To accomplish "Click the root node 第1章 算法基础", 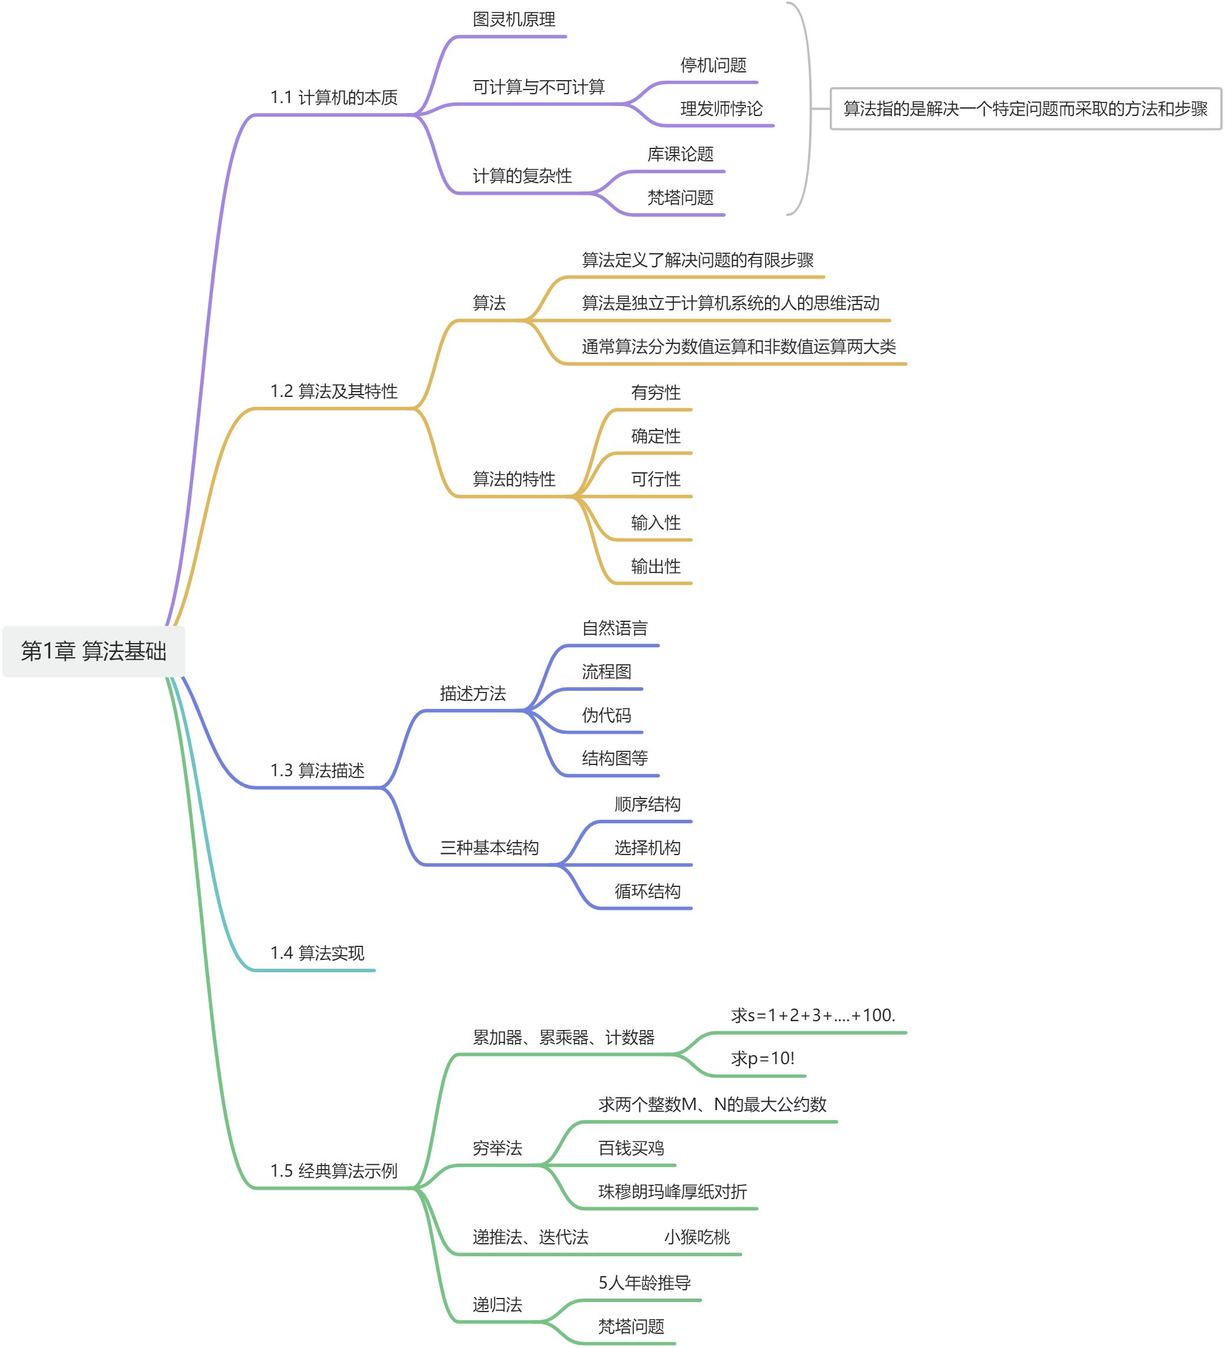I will click(x=94, y=651).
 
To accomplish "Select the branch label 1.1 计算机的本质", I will click(x=334, y=98).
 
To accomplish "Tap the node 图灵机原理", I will click(x=514, y=19).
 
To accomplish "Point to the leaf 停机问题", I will click(x=713, y=65).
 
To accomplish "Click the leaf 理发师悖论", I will click(x=721, y=109).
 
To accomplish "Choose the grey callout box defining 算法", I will click(x=1025, y=109).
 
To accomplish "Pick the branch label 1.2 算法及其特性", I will click(x=334, y=391).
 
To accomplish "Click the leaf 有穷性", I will click(x=655, y=392).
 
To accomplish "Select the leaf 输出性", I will click(x=655, y=567).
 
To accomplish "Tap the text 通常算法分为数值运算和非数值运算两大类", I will click(x=738, y=346).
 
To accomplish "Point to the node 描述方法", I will click(x=473, y=693).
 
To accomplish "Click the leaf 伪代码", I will click(x=606, y=716).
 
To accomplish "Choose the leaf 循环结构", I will click(x=647, y=892).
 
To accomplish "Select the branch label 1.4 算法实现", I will click(x=317, y=953).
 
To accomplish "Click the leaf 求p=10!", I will click(x=762, y=1058).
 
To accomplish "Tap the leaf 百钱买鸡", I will click(x=631, y=1148).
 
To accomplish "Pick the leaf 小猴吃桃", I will click(x=697, y=1237).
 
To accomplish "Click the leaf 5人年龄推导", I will click(x=644, y=1283).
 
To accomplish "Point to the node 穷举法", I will click(x=497, y=1148).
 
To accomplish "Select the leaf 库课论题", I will click(x=680, y=154).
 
